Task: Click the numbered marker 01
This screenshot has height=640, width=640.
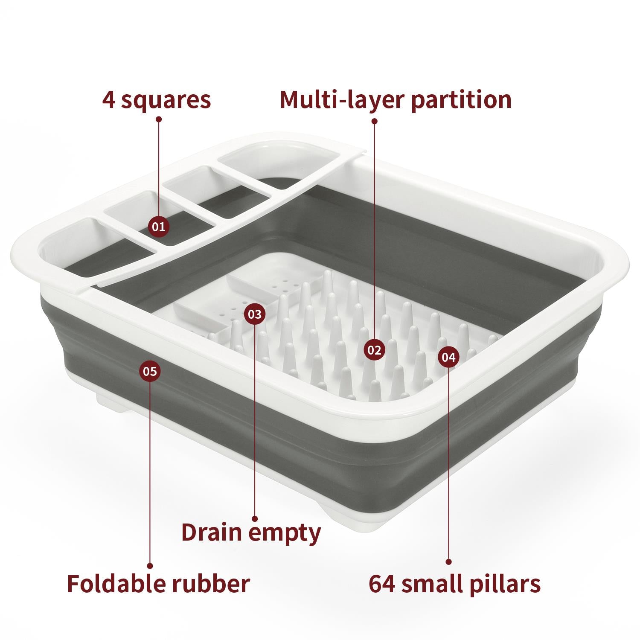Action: (159, 227)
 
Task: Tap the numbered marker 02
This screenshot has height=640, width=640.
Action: (374, 350)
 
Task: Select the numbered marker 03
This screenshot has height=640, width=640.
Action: (255, 314)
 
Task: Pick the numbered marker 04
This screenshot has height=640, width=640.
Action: (448, 357)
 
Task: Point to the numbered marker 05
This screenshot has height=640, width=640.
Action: (150, 371)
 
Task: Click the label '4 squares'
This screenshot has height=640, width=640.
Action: (157, 99)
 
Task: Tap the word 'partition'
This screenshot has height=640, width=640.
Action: (461, 100)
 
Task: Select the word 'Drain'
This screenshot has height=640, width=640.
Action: (212, 532)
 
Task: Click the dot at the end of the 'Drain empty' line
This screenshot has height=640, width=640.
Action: (255, 519)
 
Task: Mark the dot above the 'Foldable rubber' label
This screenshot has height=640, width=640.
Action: (150, 566)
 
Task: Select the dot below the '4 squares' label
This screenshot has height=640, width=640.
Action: (159, 120)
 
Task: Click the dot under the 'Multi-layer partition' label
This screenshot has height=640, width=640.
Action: (375, 121)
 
